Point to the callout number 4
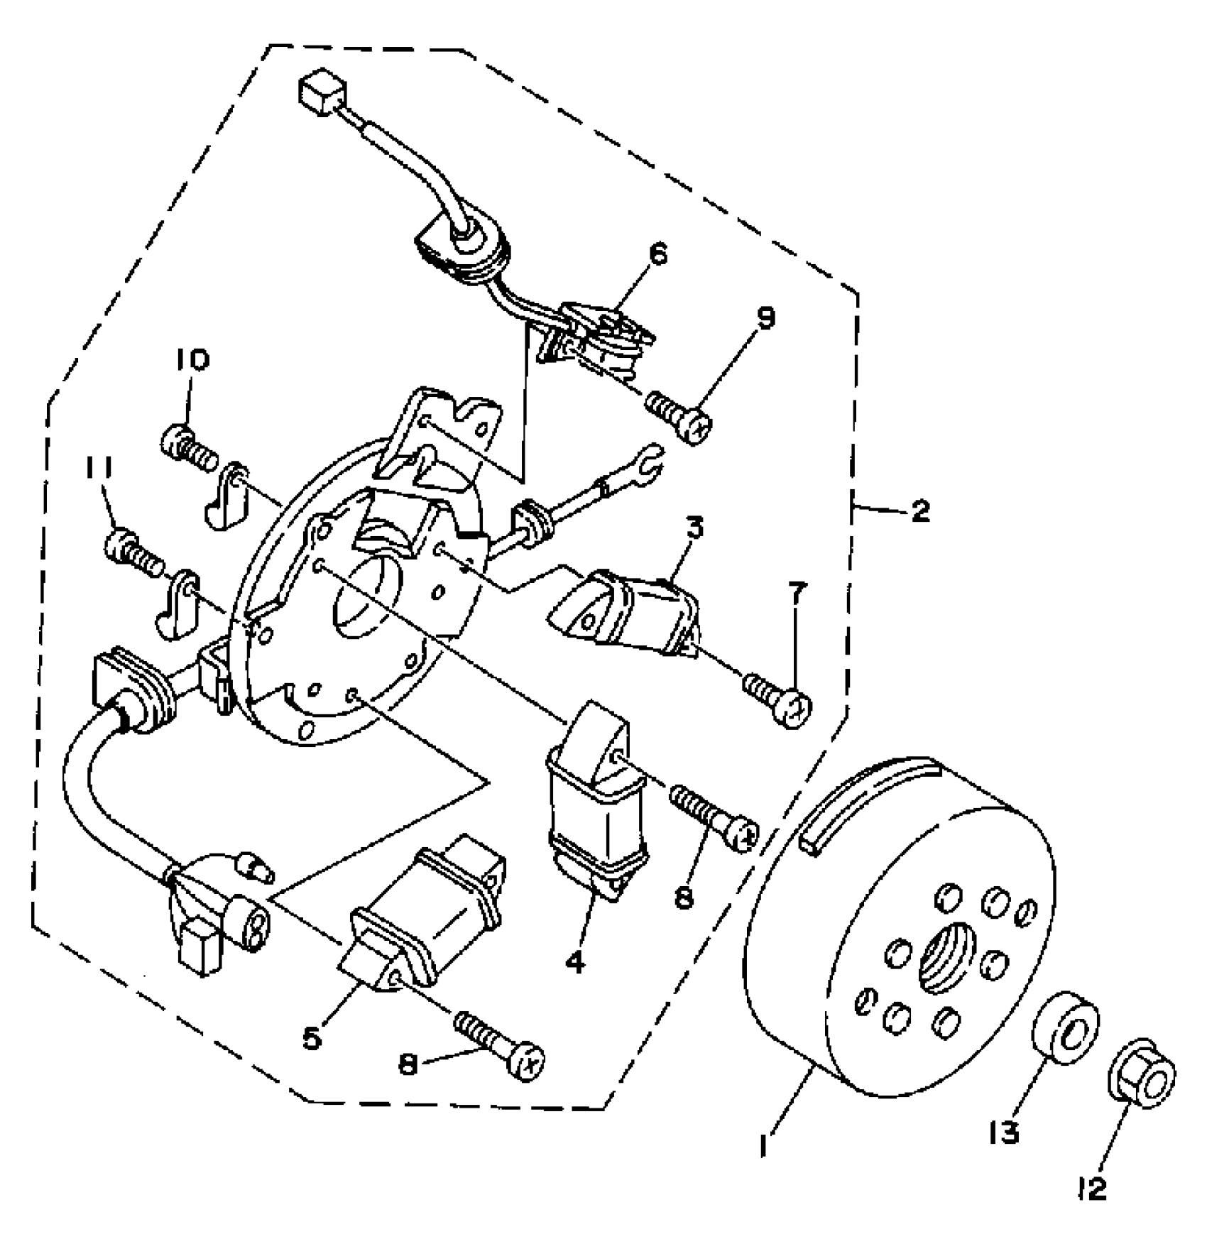[575, 963]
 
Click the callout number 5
[312, 1038]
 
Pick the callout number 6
[658, 255]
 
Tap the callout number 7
[795, 593]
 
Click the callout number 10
[192, 361]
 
